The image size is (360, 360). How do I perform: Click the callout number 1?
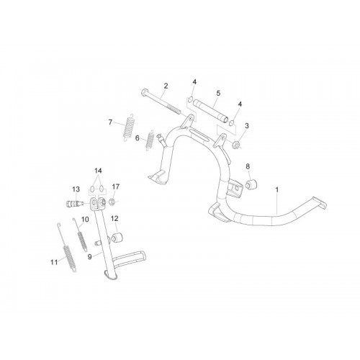click(x=277, y=190)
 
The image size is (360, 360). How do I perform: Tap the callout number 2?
click(x=166, y=86)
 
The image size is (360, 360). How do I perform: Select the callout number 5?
click(x=218, y=93)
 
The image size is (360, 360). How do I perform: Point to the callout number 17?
click(x=115, y=186)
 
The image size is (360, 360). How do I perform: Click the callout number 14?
click(x=98, y=171)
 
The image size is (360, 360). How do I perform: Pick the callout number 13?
click(x=76, y=189)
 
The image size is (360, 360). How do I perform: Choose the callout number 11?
click(x=54, y=262)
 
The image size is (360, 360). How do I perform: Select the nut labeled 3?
click(x=236, y=145)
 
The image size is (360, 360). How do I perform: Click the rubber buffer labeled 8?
click(x=251, y=184)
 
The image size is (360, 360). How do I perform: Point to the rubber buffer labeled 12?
click(x=117, y=237)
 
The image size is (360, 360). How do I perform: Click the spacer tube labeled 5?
click(x=211, y=112)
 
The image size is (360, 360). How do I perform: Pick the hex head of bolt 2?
click(x=145, y=91)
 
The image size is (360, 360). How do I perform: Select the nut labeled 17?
click(x=112, y=202)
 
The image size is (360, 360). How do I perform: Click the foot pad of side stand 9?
click(x=111, y=276)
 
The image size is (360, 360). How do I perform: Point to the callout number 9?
click(x=90, y=257)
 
